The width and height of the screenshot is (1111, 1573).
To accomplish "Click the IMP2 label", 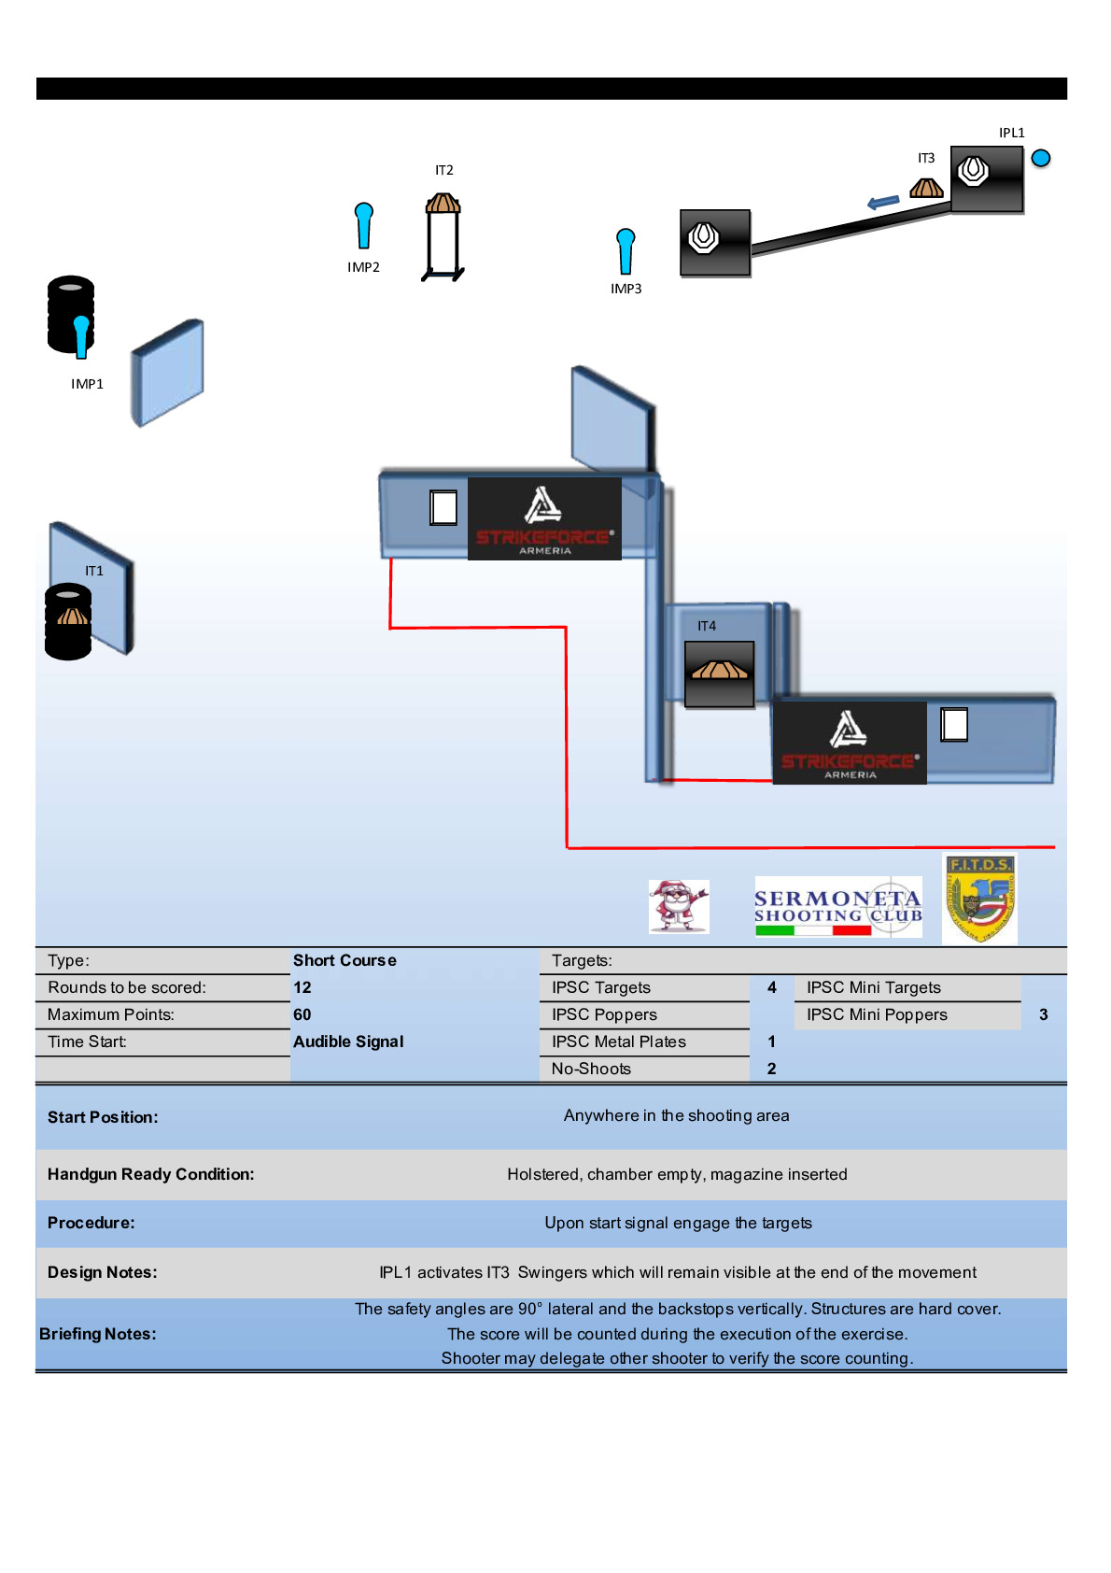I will click(363, 267).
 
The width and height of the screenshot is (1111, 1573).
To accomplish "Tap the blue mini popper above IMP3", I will click(626, 250).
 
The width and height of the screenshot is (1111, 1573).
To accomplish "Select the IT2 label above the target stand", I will click(444, 170).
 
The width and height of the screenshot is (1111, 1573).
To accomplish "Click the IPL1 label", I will click(1011, 133).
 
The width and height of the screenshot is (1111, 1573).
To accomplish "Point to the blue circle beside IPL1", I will click(1041, 158).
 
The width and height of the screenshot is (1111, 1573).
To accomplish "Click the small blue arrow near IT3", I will click(882, 202).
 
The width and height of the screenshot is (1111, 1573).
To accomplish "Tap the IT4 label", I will click(707, 626).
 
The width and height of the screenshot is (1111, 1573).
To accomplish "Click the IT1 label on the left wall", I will click(94, 571).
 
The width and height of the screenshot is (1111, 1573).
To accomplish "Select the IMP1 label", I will click(87, 384).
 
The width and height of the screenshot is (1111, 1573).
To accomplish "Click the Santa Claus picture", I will click(679, 906).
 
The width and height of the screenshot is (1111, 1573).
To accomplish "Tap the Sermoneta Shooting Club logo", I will click(837, 907).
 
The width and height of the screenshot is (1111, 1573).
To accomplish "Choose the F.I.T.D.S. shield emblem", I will click(979, 898).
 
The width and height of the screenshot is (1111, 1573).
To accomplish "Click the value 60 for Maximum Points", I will click(302, 1014).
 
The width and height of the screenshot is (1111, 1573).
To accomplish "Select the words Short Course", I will click(345, 960).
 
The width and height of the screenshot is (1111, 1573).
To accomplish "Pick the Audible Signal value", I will click(348, 1042).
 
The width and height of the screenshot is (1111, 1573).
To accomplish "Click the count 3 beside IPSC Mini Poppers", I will click(1043, 1014).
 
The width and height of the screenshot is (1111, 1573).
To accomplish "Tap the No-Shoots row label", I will click(591, 1069).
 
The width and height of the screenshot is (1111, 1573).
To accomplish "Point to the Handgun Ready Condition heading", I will click(150, 1174).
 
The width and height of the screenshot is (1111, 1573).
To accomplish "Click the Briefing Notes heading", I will click(97, 1334).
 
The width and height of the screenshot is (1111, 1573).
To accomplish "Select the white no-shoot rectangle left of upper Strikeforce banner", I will click(443, 508).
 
